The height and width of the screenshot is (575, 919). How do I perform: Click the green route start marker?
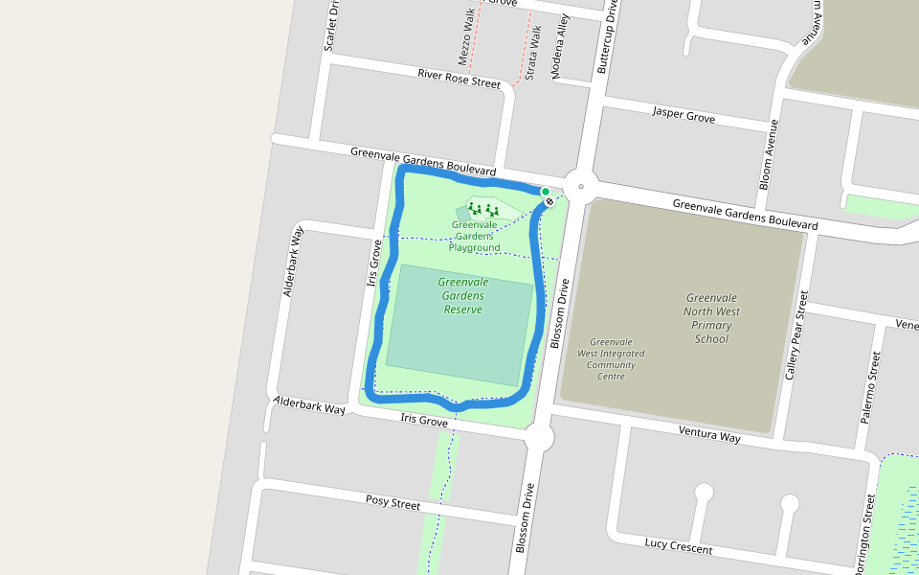click(x=545, y=192)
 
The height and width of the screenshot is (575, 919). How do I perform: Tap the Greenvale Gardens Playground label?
click(x=475, y=237)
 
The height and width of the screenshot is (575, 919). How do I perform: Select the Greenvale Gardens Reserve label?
click(x=463, y=296)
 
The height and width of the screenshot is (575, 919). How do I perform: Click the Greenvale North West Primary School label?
click(x=713, y=318)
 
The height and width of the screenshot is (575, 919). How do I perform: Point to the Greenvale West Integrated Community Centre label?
click(x=611, y=358)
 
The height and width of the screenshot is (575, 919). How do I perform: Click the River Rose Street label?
click(x=459, y=79)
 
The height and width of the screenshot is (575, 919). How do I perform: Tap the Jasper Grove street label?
click(x=684, y=115)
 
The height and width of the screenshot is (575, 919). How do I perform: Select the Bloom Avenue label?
click(x=769, y=154)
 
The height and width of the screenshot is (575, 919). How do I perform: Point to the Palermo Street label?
click(x=870, y=387)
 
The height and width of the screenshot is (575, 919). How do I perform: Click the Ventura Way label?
click(x=709, y=435)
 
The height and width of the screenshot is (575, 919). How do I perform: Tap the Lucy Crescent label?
click(x=678, y=546)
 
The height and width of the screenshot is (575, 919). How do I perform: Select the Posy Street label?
click(x=392, y=502)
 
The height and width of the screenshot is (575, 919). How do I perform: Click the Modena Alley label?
click(x=560, y=46)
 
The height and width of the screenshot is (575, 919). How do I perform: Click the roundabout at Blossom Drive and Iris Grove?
click(x=539, y=439)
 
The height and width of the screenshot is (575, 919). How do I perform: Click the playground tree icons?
click(x=483, y=209)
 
